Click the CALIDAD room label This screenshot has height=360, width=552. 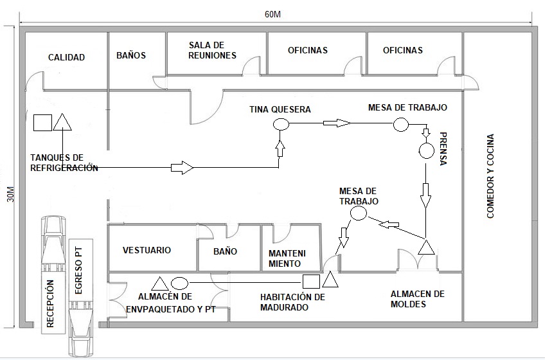click(x=66, y=57)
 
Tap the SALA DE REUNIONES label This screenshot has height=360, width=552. click(x=212, y=50)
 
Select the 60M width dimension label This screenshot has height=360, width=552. click(x=273, y=14)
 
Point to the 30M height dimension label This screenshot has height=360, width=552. click(x=11, y=194)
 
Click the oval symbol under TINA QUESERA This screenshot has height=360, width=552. click(x=281, y=124)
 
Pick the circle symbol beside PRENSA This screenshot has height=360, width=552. click(x=426, y=151)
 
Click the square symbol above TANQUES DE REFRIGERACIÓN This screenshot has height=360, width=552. click(x=42, y=123)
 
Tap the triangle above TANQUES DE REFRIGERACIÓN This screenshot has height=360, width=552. click(x=62, y=122)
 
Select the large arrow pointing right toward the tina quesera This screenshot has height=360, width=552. click(x=183, y=167)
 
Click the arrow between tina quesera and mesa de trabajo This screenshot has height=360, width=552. click(x=337, y=123)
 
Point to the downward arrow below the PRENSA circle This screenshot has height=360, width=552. click(x=425, y=195)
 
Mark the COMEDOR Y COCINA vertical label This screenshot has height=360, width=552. click(x=490, y=176)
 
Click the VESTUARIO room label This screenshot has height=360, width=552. click(x=147, y=250)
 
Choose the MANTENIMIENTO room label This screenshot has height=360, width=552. click(x=287, y=258)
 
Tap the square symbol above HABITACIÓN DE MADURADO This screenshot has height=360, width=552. click(x=311, y=282)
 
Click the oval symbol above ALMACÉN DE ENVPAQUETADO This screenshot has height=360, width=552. click(x=179, y=283)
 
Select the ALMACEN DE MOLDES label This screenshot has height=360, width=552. click(x=418, y=299)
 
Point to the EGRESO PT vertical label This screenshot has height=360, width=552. click(x=78, y=271)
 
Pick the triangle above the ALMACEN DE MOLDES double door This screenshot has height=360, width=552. click(x=426, y=247)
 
